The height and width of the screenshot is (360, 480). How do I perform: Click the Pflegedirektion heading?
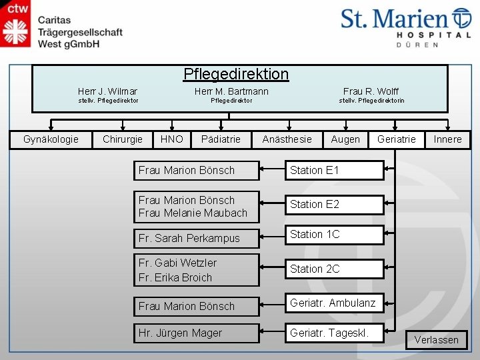(236, 73)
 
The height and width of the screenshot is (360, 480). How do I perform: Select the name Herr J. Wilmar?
(107, 91)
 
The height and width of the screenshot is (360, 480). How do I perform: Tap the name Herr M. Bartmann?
(231, 91)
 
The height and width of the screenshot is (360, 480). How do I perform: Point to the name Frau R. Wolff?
(371, 91)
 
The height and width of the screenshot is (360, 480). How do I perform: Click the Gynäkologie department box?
(51, 139)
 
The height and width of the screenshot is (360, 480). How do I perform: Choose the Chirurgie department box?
(123, 139)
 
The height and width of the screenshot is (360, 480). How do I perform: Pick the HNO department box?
(171, 139)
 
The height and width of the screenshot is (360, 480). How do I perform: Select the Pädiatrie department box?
(221, 139)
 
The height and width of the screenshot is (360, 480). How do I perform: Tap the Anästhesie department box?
(287, 139)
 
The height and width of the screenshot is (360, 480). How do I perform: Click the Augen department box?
(345, 139)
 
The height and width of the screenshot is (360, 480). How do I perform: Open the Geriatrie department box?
(396, 139)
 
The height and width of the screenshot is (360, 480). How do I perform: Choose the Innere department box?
(447, 139)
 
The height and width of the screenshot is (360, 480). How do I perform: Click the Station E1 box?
(335, 170)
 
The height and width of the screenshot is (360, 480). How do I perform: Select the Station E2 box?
(335, 205)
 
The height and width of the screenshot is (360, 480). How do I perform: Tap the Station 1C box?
(335, 235)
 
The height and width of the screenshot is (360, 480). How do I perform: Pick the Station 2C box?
(335, 269)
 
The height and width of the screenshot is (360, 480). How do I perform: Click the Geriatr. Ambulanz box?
(335, 303)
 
